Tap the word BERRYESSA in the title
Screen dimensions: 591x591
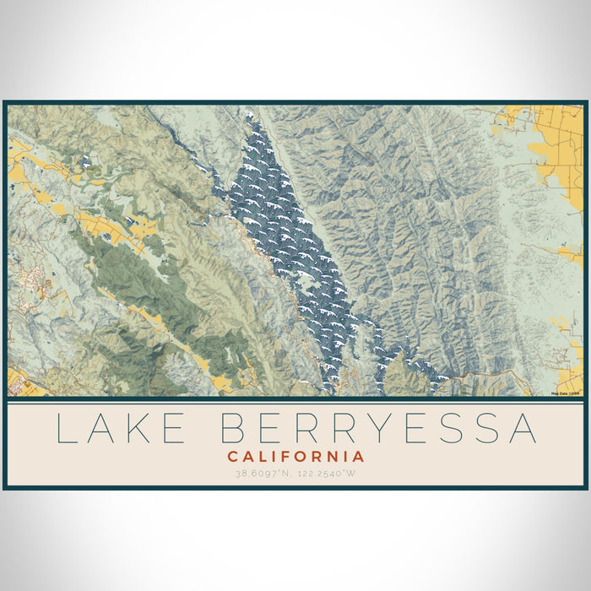(379, 429)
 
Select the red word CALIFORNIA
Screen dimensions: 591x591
(295, 457)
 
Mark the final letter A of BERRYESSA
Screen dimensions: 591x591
(523, 429)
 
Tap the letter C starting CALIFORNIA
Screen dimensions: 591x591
(231, 457)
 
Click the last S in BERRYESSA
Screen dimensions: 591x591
(485, 429)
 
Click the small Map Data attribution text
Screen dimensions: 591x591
(565, 393)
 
